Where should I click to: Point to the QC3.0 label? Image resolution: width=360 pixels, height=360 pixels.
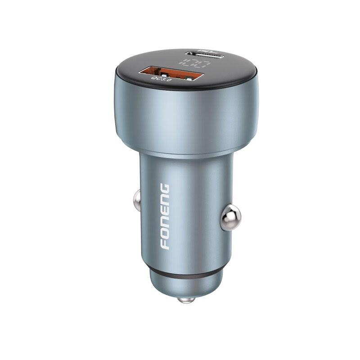point(161,79)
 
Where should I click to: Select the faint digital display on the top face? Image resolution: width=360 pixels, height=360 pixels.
point(195,62)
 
